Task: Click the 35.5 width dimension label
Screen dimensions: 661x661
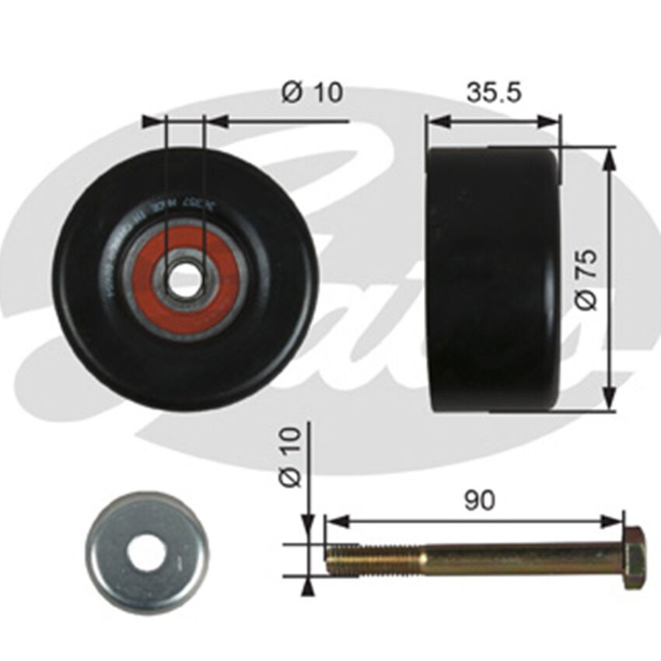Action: tap(494, 93)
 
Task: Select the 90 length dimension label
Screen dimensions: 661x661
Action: tap(480, 500)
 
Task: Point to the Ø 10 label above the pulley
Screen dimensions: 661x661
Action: tap(312, 93)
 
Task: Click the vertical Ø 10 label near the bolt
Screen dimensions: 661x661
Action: tap(291, 460)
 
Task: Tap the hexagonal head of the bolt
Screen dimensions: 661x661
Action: tap(633, 558)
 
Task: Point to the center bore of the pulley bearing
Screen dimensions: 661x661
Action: tap(184, 280)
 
